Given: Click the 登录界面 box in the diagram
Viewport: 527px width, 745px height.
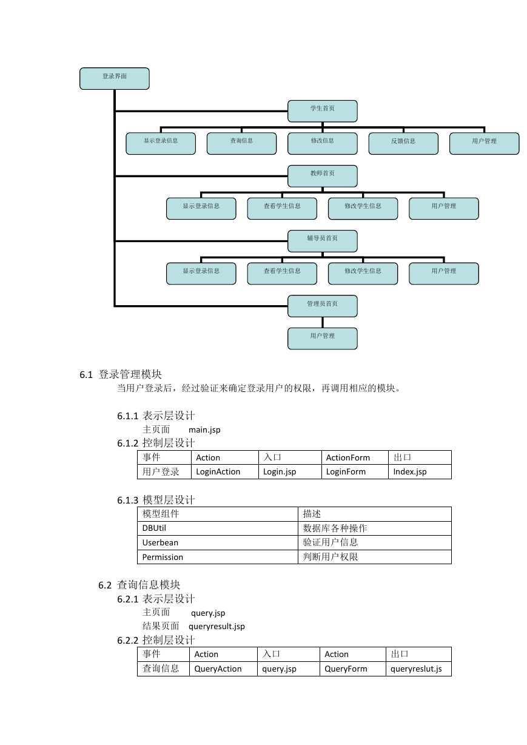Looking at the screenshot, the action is pos(115,78).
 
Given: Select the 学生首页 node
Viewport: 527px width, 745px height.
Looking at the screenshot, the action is pos(322,111).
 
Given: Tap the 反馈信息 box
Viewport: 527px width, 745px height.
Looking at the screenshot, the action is pos(403,143).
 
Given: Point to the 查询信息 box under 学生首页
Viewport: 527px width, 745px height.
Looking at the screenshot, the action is pos(241,143).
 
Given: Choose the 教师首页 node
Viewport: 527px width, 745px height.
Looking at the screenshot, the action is pos(322,176).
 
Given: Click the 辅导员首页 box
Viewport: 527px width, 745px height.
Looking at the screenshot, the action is pos(322,241).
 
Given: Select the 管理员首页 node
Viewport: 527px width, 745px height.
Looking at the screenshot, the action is pos(322,306).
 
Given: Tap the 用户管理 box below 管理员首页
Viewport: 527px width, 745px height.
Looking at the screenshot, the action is pos(322,339).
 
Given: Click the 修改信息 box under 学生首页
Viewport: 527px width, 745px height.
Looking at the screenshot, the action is pos(322,143).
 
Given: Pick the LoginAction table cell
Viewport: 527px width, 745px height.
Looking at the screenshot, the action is pos(225,471).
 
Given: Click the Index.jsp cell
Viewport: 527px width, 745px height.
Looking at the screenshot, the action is pos(420,471).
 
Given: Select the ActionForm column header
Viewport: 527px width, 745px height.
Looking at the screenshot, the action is pos(355,457).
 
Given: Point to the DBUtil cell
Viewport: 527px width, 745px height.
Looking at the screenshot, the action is pos(218,528).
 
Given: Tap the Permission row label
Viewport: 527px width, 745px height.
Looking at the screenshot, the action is pos(218,557).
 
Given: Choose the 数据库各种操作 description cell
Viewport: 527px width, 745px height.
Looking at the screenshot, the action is pos(375,528).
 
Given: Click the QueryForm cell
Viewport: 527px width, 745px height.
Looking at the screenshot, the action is pos(353,669).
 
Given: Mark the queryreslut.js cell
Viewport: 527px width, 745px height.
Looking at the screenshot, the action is pos(418,669).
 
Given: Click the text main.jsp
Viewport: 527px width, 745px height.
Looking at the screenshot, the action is pos(204,430).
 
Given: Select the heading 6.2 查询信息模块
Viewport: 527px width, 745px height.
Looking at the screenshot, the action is pos(139,585).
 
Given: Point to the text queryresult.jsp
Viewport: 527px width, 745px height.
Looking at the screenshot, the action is pos(217,626).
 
